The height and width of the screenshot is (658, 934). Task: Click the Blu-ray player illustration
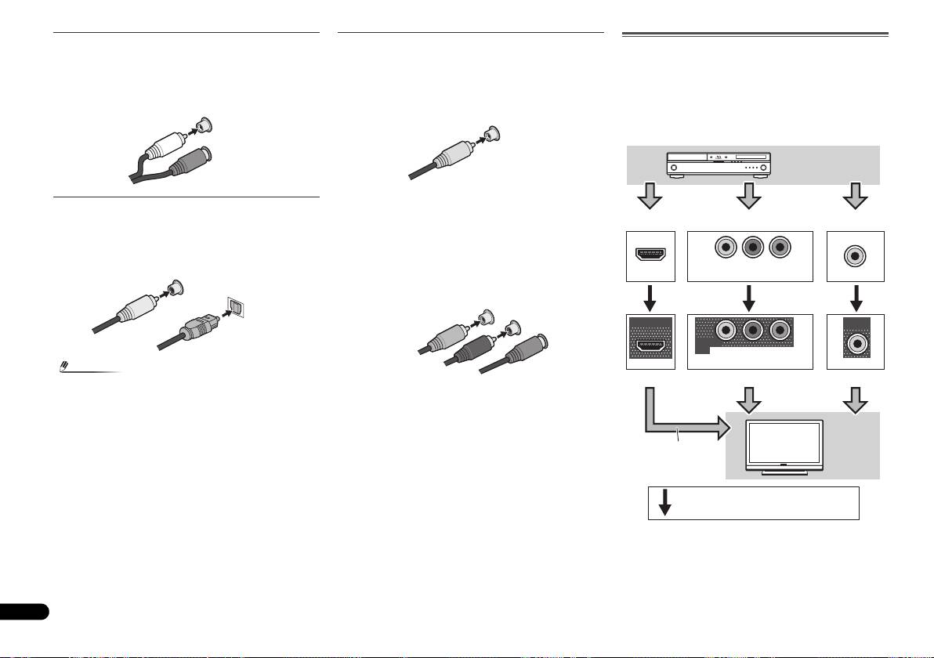(x=719, y=164)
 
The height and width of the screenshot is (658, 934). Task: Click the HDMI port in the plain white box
(x=650, y=256)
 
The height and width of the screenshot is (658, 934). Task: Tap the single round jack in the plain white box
(x=856, y=256)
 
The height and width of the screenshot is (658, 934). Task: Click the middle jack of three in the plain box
(x=750, y=248)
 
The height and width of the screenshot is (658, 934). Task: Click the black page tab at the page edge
(x=24, y=611)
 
